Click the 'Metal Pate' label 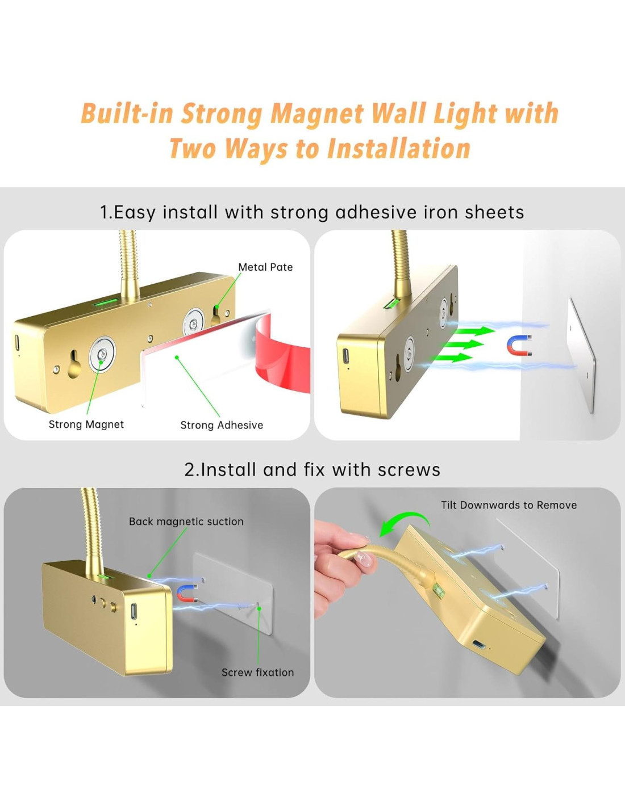(x=265, y=267)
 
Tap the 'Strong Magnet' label (x=86, y=424)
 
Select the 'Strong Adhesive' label (x=222, y=425)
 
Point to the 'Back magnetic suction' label (x=186, y=522)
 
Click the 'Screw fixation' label (x=257, y=672)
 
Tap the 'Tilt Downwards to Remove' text (x=509, y=505)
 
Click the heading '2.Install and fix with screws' (x=312, y=470)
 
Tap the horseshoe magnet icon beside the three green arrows (x=519, y=345)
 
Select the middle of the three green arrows (x=463, y=344)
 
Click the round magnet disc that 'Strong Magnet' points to (x=102, y=355)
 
